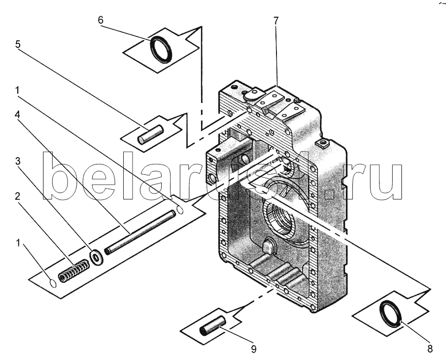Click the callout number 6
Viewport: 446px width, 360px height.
pos(101,20)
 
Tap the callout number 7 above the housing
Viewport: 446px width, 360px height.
pos(276,21)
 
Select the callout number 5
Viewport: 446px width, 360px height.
pos(18,44)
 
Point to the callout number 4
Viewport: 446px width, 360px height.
pos(18,115)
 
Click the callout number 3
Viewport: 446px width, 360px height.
pos(18,162)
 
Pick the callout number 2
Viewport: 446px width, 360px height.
pos(18,196)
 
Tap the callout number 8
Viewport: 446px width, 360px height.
pos(430,348)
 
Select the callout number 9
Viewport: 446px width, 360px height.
pos(254,349)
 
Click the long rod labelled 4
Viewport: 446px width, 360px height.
pos(140,232)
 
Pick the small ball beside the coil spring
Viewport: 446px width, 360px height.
pos(53,283)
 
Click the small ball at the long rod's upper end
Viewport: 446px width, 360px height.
pos(180,209)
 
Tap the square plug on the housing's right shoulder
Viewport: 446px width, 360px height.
pos(322,143)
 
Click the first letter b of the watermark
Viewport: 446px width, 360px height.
pos(62,176)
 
